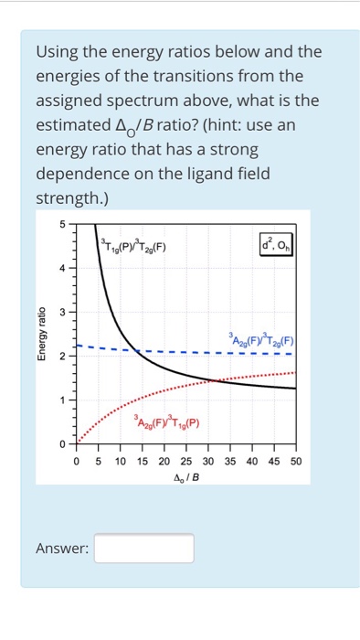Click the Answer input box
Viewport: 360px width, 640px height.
pyautogui.click(x=144, y=548)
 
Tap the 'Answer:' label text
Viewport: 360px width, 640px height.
pyautogui.click(x=61, y=549)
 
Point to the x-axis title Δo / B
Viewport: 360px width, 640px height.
pyautogui.click(x=185, y=476)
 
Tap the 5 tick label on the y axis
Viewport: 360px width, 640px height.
pyautogui.click(x=63, y=225)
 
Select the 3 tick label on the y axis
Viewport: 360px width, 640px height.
pyautogui.click(x=63, y=313)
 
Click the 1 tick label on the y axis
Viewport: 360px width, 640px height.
pyautogui.click(x=63, y=400)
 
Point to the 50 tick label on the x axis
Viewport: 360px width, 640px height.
pyautogui.click(x=295, y=462)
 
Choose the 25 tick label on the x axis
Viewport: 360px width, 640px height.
pyautogui.click(x=185, y=462)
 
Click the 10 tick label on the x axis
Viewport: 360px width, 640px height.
pyautogui.click(x=120, y=462)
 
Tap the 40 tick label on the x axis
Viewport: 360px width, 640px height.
pyautogui.click(x=251, y=462)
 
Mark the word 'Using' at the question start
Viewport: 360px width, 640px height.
pyautogui.click(x=57, y=51)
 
